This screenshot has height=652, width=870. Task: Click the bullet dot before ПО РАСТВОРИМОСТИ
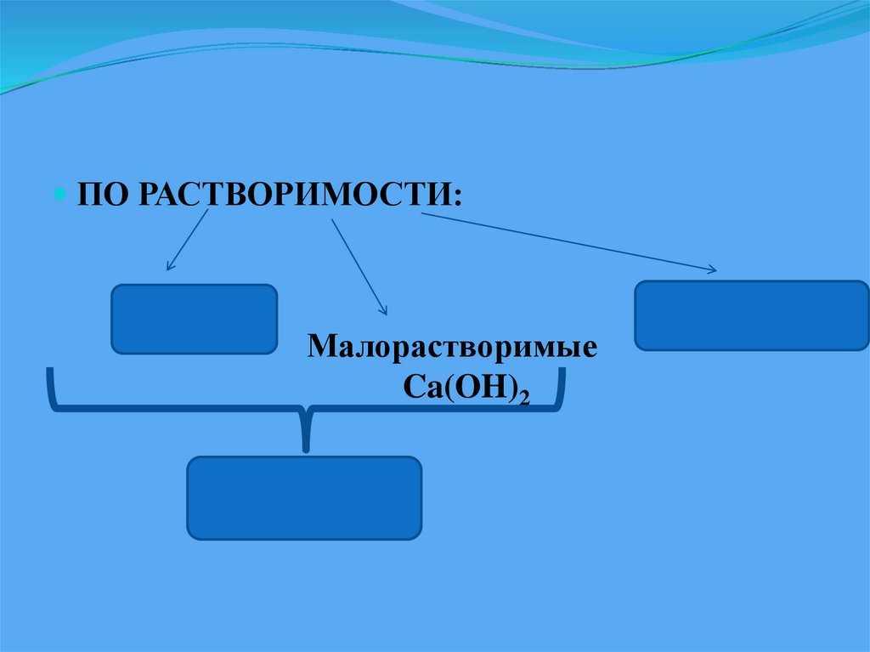60,194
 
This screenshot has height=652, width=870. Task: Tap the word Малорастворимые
453,349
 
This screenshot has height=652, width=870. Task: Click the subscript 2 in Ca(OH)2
525,396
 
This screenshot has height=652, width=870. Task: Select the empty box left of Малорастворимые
194,319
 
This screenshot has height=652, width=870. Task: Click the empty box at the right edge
751,315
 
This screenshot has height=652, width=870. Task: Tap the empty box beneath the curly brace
304,497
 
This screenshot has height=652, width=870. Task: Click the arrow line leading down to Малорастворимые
357,264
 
